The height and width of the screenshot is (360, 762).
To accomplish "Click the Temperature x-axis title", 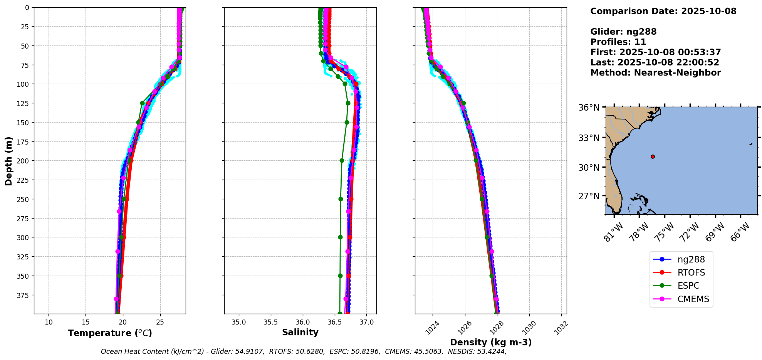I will point(110,333).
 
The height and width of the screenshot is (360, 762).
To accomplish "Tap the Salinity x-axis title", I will point(300,332).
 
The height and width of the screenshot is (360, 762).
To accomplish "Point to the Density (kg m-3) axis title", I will point(491,342).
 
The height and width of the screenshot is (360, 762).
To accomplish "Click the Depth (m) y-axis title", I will point(9,161).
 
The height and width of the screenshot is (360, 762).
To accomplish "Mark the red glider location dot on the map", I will point(653,156).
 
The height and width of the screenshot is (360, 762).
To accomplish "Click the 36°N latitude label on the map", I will point(589,108).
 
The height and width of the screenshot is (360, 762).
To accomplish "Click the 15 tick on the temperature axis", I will point(86,322).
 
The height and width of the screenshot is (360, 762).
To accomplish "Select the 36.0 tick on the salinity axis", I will point(302,322).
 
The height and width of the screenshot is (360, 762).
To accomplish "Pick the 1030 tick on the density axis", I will point(528,326).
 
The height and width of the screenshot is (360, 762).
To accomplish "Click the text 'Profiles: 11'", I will point(618,42).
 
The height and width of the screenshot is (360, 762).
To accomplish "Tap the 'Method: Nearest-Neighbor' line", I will point(655,72).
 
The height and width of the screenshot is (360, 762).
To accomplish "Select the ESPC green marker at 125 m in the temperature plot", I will point(142,103).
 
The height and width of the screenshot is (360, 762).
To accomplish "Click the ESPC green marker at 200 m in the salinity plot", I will point(342,160).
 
